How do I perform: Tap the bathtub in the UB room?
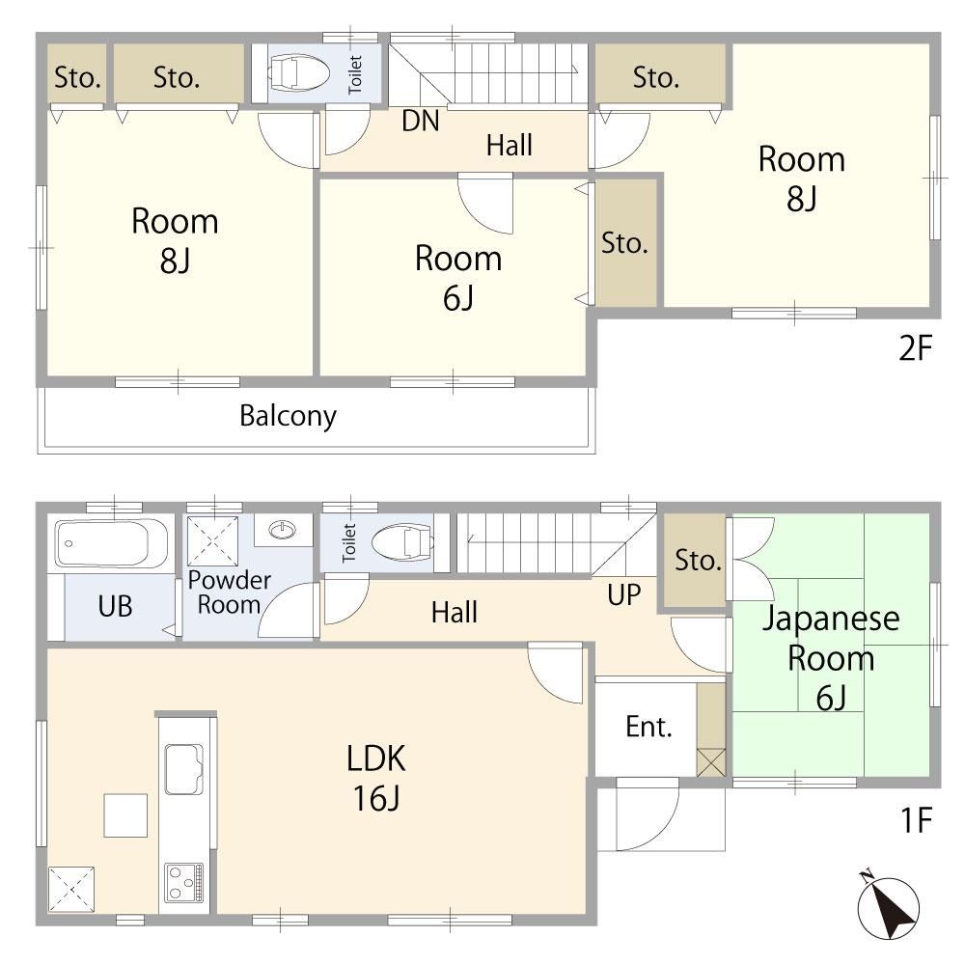(115, 543)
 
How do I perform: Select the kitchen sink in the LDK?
(184, 769)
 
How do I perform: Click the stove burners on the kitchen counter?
(184, 883)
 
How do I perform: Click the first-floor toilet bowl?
(403, 542)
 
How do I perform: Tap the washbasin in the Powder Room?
(283, 529)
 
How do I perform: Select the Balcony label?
(288, 416)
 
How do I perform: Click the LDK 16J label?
(376, 778)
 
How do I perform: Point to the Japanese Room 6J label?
(831, 658)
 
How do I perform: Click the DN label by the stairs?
(421, 122)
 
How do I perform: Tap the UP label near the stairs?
(623, 594)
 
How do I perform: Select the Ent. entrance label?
(648, 727)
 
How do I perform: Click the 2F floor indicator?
(916, 348)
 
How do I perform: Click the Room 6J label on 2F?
(458, 278)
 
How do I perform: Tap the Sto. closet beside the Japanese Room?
(694, 562)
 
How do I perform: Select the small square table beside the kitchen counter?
(125, 815)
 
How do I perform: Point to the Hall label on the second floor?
(509, 146)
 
